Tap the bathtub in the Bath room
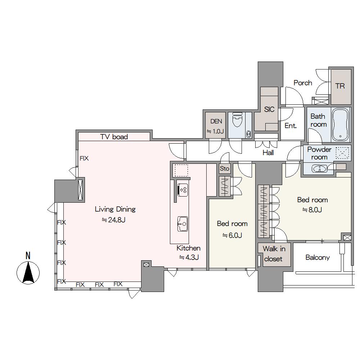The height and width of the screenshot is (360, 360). point(341,125)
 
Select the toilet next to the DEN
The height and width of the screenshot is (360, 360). point(237,120)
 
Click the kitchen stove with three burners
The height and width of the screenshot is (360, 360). point(183,190)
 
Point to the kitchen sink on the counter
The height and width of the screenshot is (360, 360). point(183,224)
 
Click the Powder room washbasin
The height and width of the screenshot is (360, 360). point(319,169)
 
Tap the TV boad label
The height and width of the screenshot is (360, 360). point(114,137)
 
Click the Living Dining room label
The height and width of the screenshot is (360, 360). point(115,209)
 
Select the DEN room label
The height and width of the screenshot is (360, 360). point(216,121)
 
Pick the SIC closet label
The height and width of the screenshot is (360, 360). point(269,109)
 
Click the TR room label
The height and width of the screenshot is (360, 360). point(340,86)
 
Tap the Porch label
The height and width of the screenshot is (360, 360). point(303,83)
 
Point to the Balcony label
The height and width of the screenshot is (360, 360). point(318,258)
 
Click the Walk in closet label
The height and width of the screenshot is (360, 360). point(274,254)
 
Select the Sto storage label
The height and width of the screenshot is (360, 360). point(225,168)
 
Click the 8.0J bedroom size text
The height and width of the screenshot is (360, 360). point(312,210)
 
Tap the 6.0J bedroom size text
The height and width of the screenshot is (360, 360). point(232,235)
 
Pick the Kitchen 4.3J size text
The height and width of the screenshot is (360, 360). point(189,257)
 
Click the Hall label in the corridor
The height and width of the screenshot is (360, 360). point(268,153)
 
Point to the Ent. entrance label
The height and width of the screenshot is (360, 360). point(291,126)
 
